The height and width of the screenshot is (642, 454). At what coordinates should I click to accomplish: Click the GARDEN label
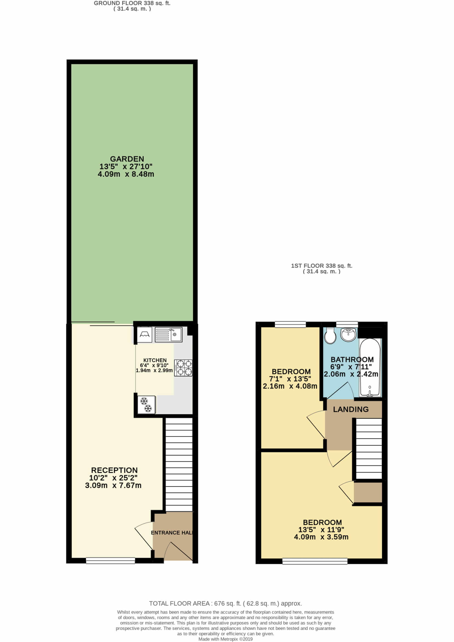(x=127, y=159)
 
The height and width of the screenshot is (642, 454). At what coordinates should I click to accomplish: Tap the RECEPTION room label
(x=114, y=470)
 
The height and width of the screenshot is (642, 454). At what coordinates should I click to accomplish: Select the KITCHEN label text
(x=155, y=360)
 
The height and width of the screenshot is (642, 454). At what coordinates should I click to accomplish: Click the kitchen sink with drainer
(x=169, y=334)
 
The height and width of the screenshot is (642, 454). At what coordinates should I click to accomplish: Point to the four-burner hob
(x=183, y=368)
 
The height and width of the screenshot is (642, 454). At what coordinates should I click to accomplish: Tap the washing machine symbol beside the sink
(x=145, y=334)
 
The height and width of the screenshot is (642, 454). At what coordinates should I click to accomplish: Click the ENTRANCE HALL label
(x=172, y=533)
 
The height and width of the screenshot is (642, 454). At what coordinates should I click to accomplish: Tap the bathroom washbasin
(x=348, y=334)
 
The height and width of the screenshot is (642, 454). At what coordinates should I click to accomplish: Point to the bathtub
(x=370, y=368)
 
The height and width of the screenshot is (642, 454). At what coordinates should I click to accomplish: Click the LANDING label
(x=351, y=409)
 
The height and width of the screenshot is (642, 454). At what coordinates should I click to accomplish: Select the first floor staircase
(x=369, y=448)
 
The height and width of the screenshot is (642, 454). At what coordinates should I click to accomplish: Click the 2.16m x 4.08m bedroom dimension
(x=290, y=386)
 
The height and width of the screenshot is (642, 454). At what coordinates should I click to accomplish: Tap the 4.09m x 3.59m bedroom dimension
(x=321, y=537)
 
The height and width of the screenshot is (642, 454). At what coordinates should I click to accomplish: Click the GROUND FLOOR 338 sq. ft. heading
(x=132, y=3)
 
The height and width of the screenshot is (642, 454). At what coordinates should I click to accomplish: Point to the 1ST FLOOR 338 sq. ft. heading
(x=322, y=266)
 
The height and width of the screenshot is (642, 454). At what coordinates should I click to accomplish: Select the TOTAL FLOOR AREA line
(x=225, y=603)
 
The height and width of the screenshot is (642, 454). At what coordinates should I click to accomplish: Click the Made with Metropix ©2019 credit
(x=225, y=639)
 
